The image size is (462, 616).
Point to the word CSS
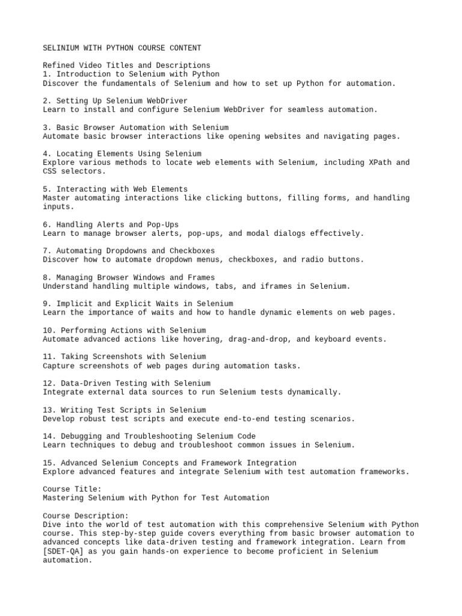[50, 171]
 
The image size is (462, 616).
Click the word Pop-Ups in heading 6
[163, 224]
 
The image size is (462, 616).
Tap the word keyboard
[334, 339]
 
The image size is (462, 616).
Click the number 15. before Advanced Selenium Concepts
[50, 463]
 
